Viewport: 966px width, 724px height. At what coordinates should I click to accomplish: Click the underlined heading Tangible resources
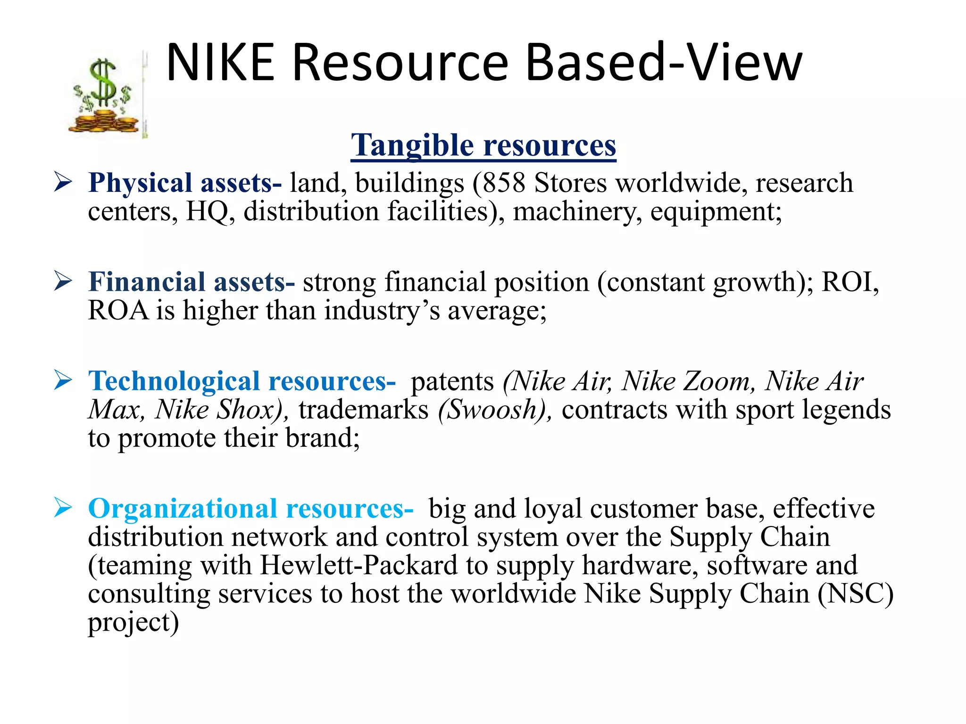483,145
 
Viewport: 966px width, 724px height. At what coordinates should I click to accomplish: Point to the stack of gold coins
104,122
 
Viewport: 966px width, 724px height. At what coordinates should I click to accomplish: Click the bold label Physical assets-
185,183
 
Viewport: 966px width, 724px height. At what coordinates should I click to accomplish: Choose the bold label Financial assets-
192,282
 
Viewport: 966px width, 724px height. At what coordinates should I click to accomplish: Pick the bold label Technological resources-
242,381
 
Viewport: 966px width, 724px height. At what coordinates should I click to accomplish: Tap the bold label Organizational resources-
250,509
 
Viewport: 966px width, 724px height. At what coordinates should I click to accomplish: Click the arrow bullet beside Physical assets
63,182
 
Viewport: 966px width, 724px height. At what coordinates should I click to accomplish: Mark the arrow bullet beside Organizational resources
63,508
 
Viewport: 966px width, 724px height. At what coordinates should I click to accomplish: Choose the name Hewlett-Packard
359,565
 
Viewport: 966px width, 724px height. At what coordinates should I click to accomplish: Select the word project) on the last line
133,623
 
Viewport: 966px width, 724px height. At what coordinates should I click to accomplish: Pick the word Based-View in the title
664,63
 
